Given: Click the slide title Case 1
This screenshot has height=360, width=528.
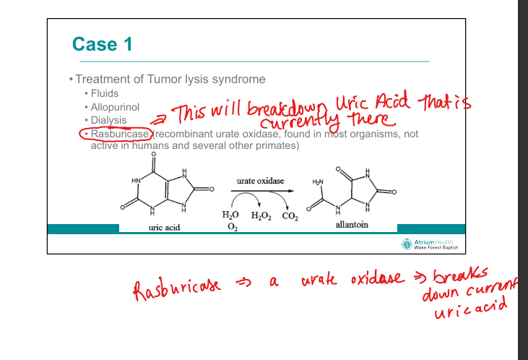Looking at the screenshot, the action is (102, 45).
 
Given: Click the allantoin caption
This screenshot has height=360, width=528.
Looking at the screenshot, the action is (352, 225).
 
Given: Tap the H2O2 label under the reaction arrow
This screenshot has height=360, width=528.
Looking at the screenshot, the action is (261, 215).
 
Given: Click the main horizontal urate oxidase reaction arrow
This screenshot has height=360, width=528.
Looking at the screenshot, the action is (259, 192).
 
